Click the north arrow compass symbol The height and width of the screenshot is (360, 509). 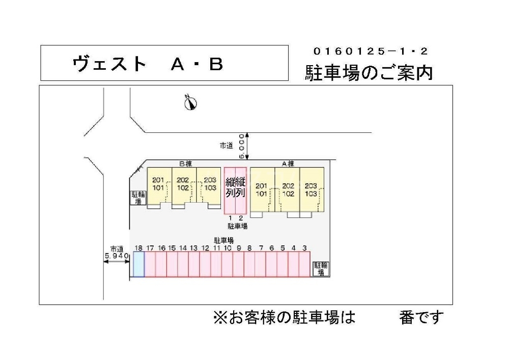(x=191, y=102)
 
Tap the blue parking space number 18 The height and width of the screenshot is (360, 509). (x=138, y=264)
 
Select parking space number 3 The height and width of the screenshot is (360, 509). (x=304, y=264)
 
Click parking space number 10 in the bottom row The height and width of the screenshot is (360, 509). (x=227, y=264)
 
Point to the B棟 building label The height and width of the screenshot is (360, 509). (x=185, y=164)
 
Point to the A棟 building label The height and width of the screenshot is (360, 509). (x=288, y=164)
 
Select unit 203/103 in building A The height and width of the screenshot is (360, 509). (x=312, y=189)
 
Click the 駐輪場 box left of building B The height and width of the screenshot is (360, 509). (x=137, y=198)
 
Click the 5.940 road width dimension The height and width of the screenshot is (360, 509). (x=116, y=256)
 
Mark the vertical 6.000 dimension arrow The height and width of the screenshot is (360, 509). (x=246, y=145)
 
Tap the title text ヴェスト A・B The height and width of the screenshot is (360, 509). (x=148, y=64)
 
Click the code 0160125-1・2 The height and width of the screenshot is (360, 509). (x=371, y=51)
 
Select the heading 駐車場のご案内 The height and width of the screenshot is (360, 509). (x=369, y=73)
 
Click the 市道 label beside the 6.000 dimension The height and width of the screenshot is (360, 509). (x=226, y=146)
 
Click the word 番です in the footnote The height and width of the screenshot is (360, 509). (x=421, y=318)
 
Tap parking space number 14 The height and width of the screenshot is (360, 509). (x=183, y=264)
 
